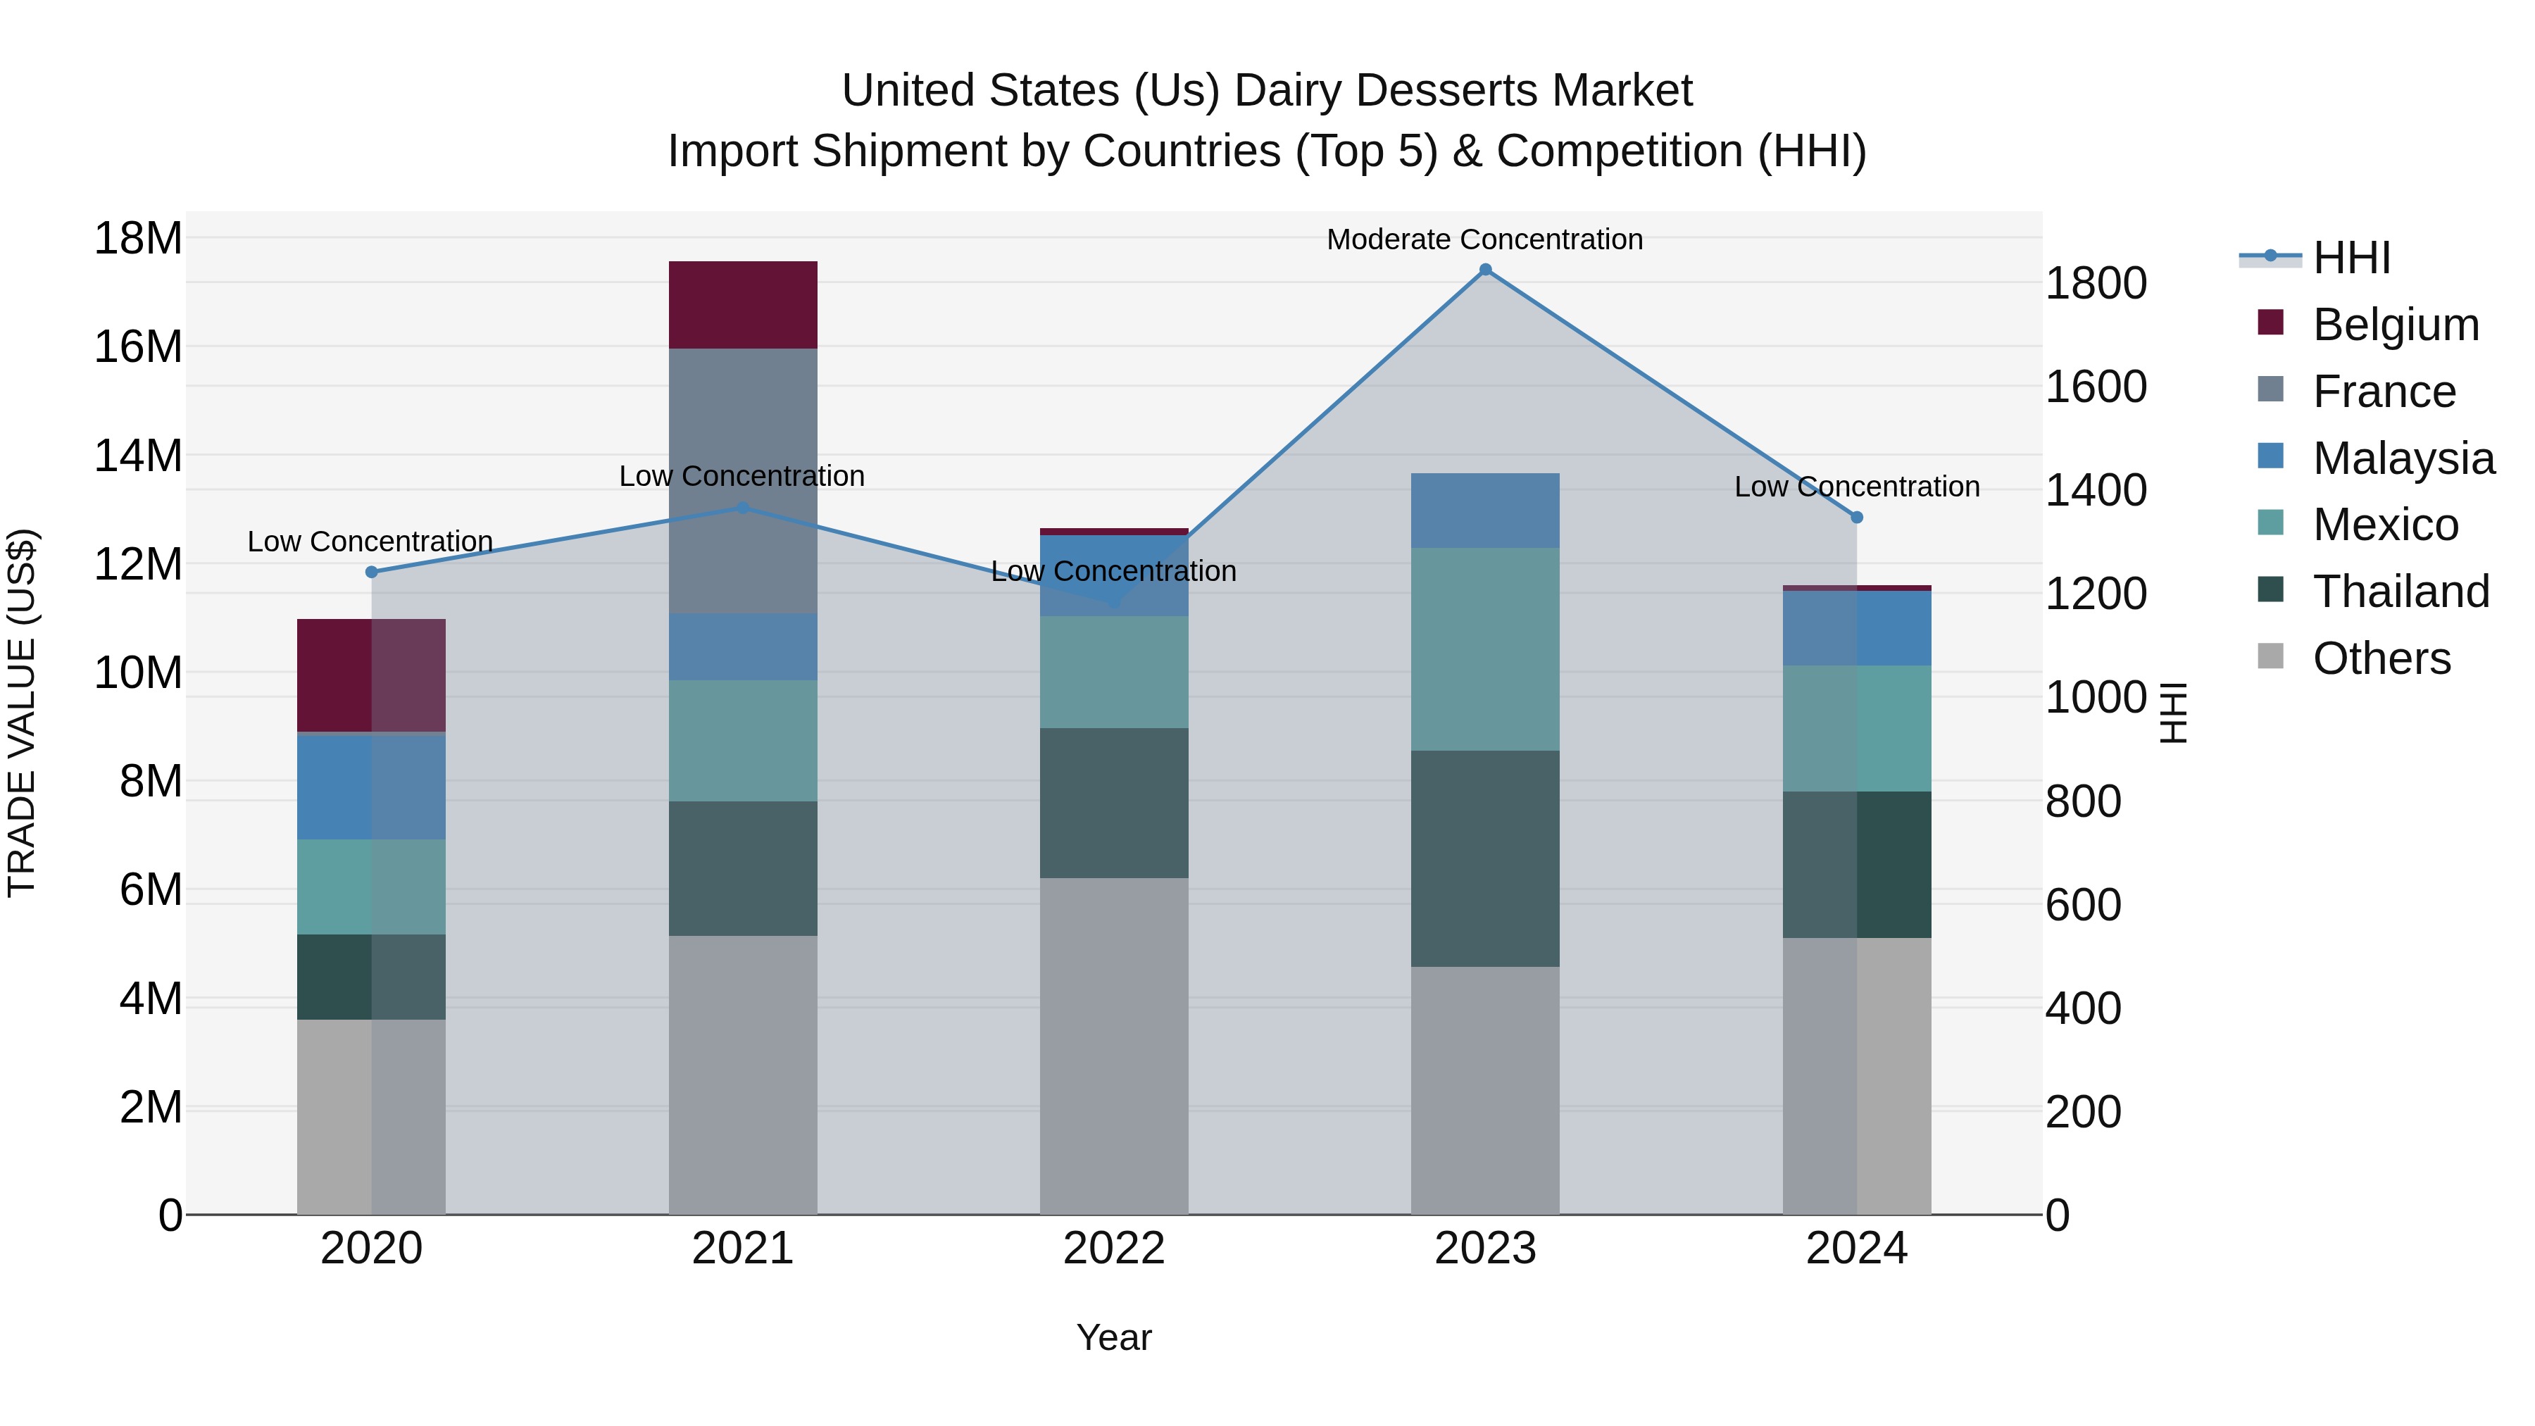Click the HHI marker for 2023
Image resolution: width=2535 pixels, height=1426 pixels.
point(1485,270)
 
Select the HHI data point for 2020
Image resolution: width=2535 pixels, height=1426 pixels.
point(371,572)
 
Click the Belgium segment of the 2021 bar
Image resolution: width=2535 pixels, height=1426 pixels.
point(743,305)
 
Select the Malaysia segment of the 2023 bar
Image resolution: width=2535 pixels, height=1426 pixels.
point(1485,511)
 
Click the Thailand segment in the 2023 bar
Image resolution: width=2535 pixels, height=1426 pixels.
point(1485,858)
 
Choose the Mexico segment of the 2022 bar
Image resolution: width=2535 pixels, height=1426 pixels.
point(1114,673)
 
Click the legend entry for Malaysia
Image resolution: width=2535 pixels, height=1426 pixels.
point(2402,458)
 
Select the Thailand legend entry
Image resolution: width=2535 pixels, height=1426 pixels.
point(2401,592)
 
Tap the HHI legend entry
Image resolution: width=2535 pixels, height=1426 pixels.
point(2351,258)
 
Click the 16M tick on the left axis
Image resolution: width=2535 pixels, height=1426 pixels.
point(138,346)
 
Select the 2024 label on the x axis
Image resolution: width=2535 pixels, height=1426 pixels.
point(1856,1249)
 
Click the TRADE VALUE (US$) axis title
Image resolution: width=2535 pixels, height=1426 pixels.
point(22,713)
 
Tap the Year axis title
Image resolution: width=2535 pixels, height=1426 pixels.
point(1113,1337)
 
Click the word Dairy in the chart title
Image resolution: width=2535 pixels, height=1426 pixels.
point(1293,91)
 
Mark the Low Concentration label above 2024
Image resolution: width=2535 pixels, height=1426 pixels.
point(1856,486)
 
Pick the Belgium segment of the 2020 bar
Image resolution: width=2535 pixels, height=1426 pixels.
point(371,675)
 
